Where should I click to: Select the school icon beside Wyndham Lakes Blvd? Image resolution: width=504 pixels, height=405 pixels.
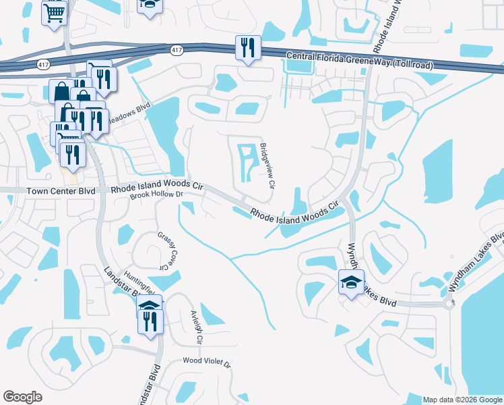[351, 283]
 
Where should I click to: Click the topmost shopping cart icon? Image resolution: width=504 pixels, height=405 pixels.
[54, 12]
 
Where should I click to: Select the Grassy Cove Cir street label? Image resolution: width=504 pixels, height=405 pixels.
[162, 250]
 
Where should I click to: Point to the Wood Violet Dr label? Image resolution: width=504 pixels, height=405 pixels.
[207, 362]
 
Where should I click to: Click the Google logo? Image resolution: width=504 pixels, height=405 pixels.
[22, 397]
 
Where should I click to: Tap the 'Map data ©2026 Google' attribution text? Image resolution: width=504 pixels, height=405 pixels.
[462, 400]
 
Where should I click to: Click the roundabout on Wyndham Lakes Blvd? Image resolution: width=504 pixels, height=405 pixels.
[449, 304]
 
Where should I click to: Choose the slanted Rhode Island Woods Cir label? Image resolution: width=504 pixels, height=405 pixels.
[293, 210]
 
